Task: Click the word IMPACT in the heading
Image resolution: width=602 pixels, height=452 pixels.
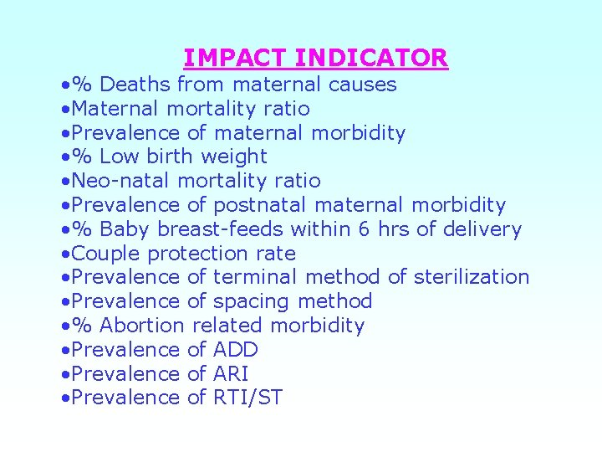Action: (x=236, y=58)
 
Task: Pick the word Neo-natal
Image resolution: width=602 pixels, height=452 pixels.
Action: (x=123, y=181)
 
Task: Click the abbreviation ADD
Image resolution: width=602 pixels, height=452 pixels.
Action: (x=236, y=349)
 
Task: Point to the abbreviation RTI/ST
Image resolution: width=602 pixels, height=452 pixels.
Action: (x=248, y=398)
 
